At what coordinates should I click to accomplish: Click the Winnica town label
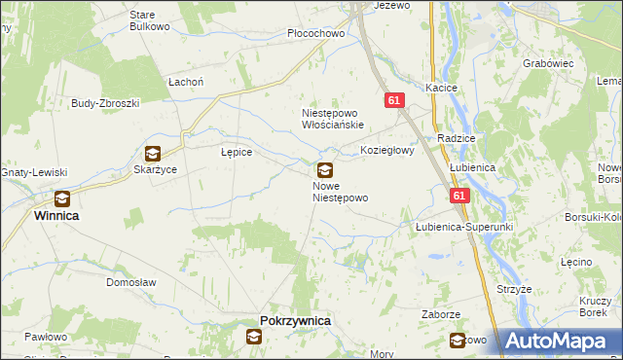pos(56,215)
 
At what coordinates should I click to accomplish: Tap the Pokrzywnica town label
pos(296,320)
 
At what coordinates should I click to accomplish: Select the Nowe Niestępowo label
pos(340,191)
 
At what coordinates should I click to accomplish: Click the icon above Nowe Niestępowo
pos(325,169)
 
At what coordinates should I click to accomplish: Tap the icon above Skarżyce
pos(153,153)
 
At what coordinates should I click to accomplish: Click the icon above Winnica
pos(62,198)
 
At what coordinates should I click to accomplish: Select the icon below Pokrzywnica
pos(254,337)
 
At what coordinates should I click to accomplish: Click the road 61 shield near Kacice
pos(393,100)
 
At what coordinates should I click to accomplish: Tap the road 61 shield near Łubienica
pos(459,197)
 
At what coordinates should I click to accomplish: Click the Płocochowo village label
pos(317,33)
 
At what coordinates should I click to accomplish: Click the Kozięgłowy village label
pos(387,151)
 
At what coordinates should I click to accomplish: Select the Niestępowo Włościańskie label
pos(332,119)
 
